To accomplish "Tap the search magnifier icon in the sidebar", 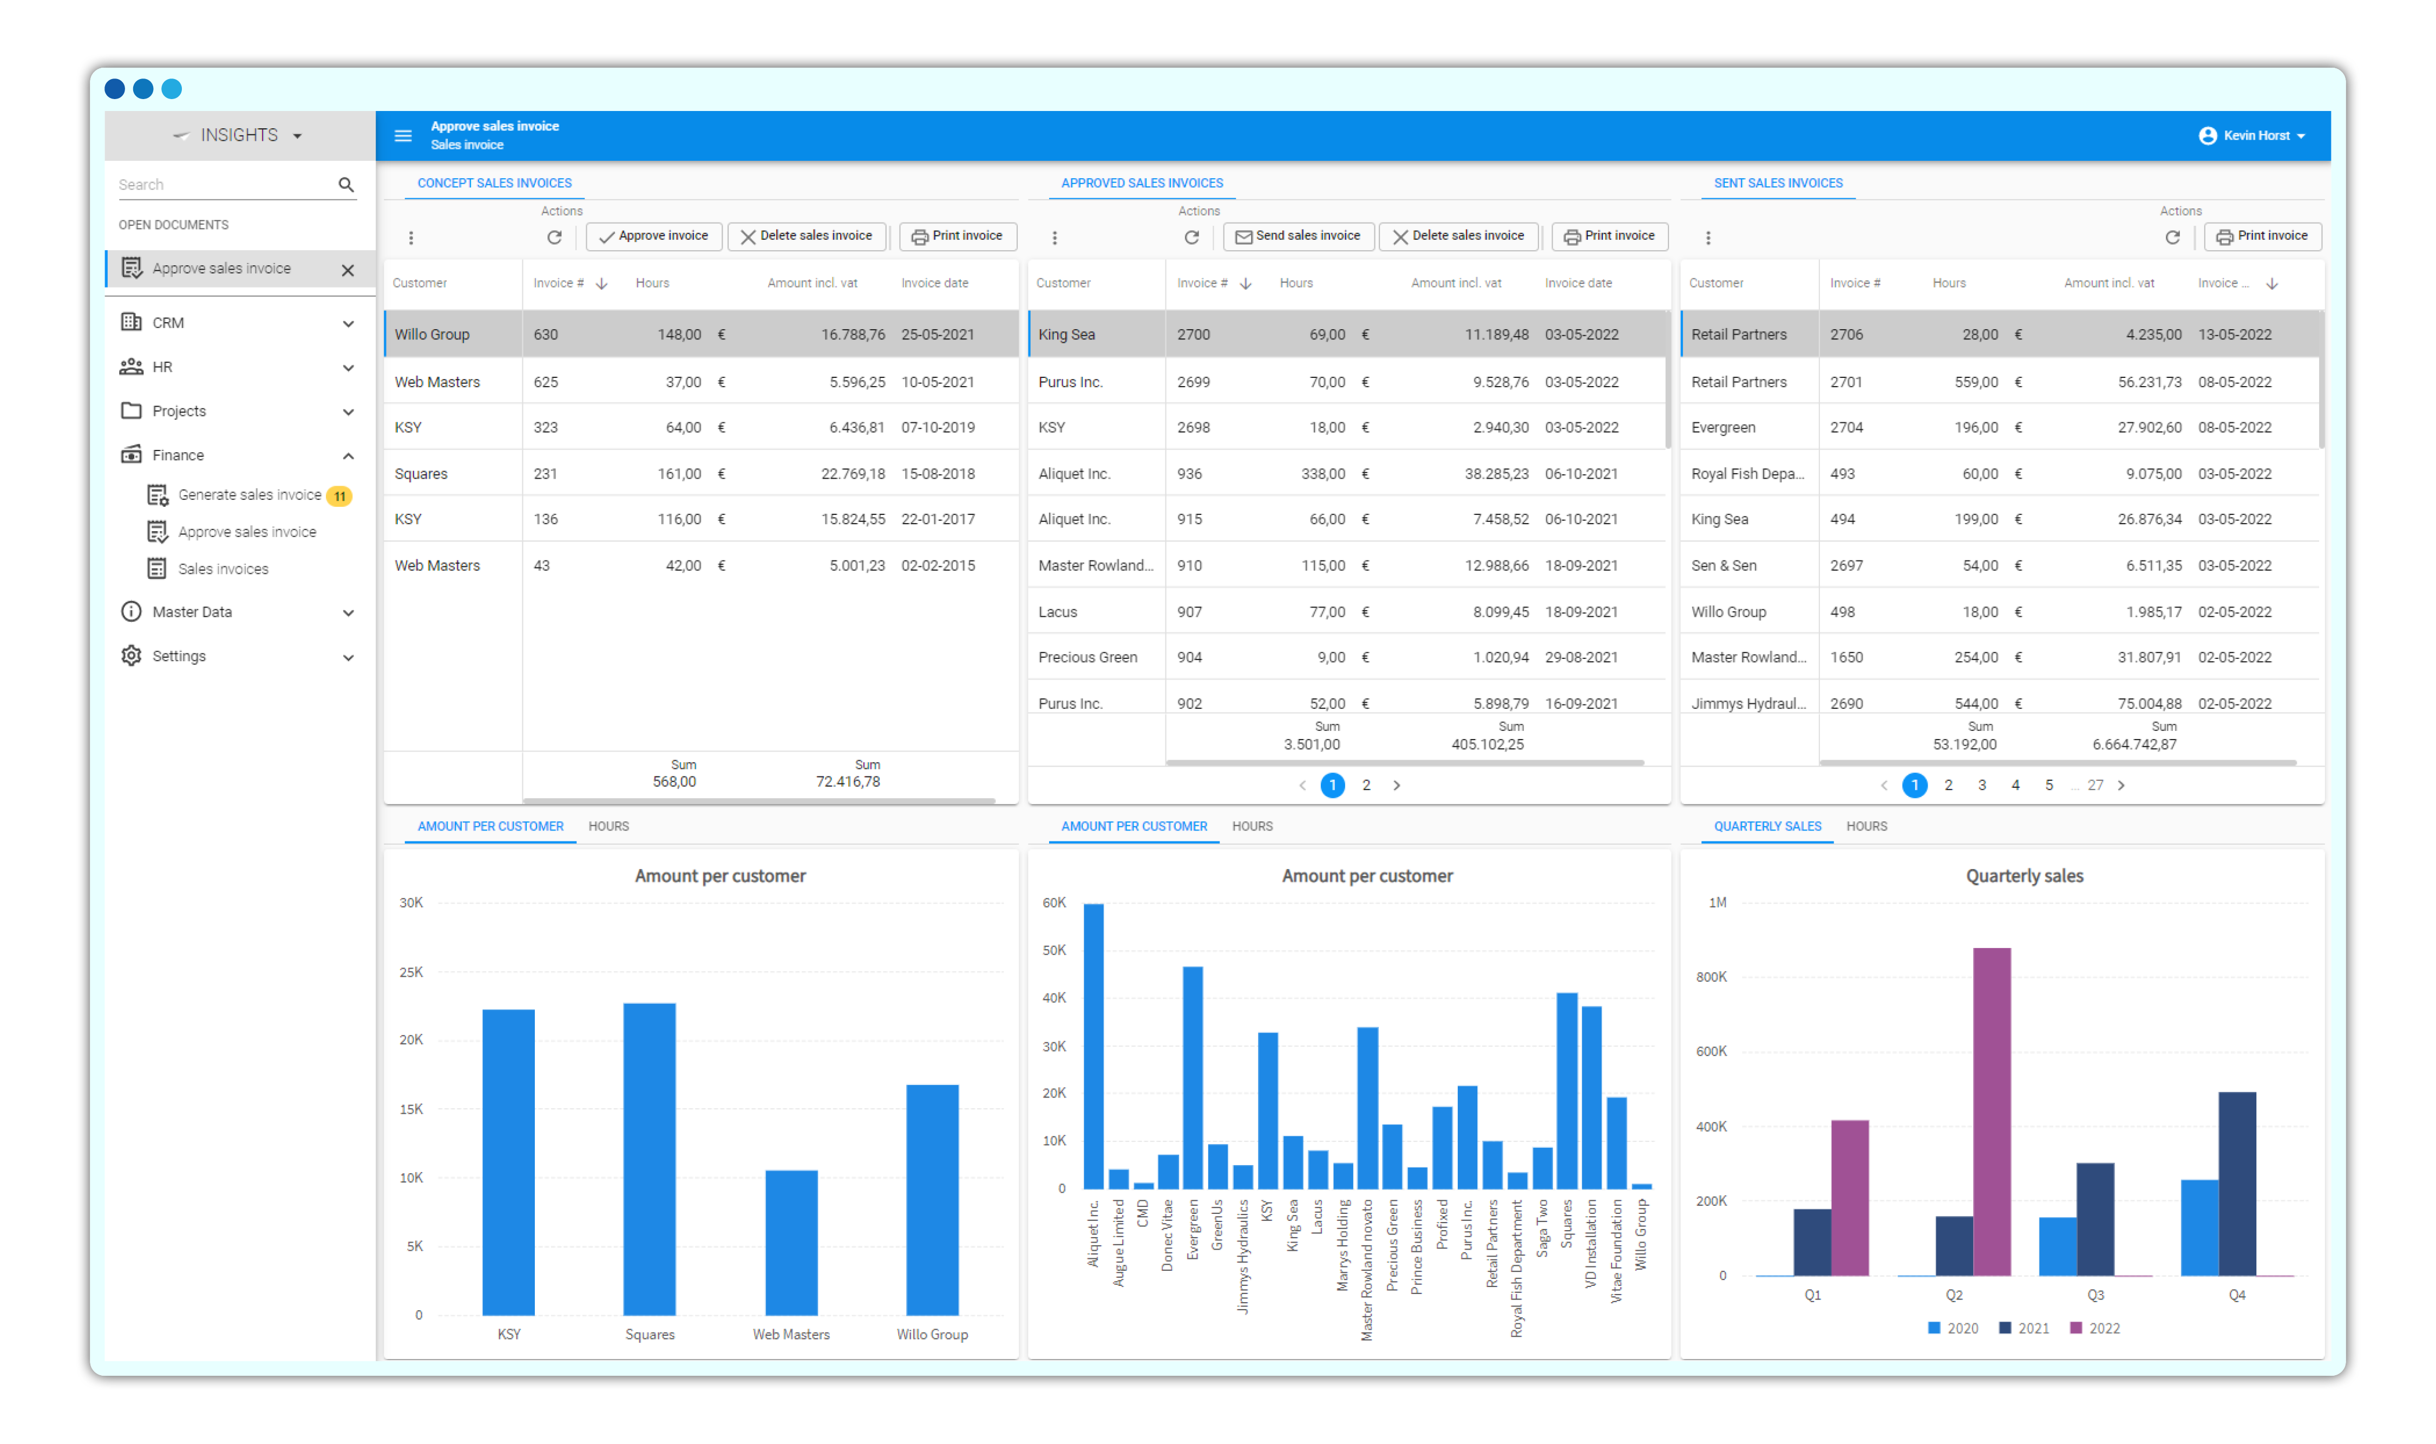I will click(x=345, y=185).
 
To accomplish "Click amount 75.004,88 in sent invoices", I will click(x=2149, y=703).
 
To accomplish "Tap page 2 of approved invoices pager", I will click(x=1366, y=785).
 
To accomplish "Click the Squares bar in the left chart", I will click(x=649, y=1158).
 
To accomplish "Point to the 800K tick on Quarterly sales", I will click(x=1711, y=977).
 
